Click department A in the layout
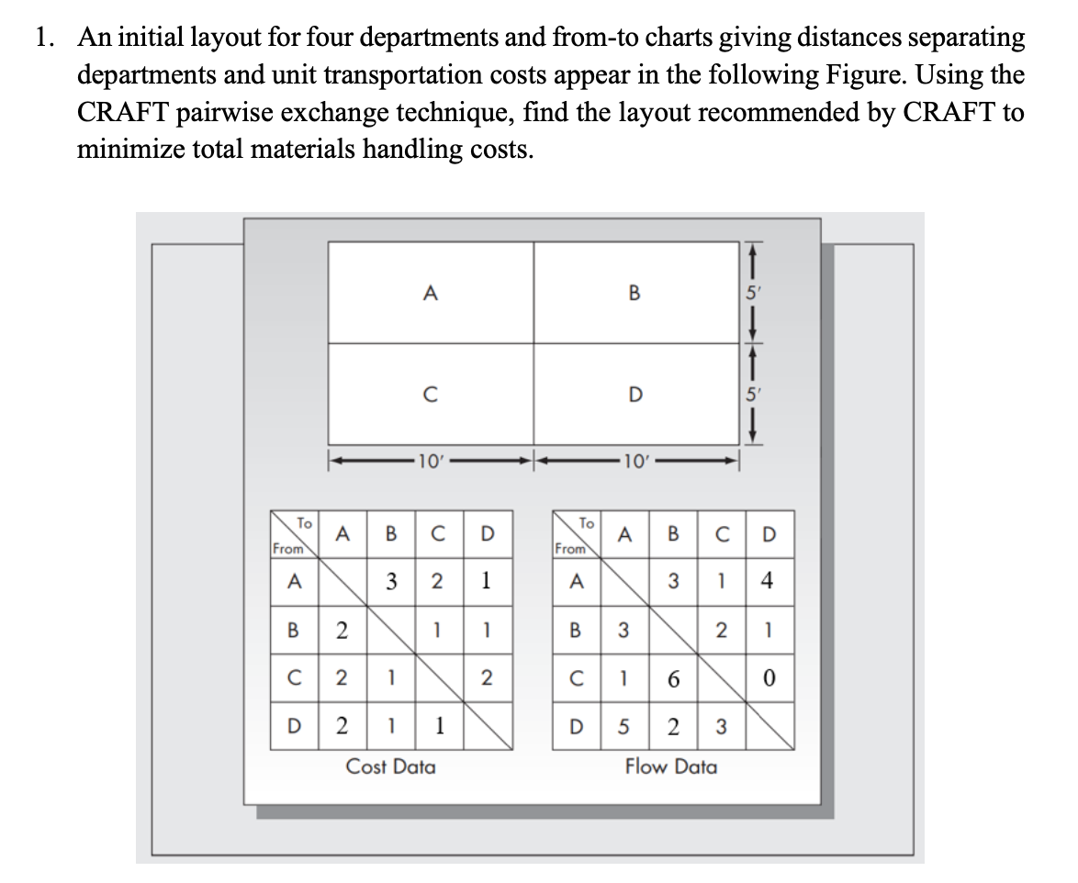coord(430,293)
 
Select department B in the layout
coord(634,293)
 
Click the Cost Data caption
coord(390,766)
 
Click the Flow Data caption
coord(671,766)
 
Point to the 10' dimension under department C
coord(428,459)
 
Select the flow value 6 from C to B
coord(674,680)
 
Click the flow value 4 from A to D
coord(767,580)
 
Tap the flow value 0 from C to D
coord(767,680)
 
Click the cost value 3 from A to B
coord(391,580)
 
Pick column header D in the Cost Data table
coord(487,532)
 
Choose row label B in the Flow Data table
coord(576,631)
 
